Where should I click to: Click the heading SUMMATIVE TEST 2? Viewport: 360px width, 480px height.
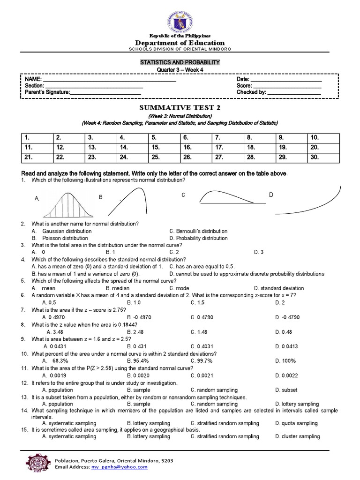point(180,107)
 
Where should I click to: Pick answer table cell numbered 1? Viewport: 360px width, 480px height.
point(36,138)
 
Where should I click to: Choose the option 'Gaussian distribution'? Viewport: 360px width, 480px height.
point(67,231)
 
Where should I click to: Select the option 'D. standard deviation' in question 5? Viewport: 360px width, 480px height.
point(278,288)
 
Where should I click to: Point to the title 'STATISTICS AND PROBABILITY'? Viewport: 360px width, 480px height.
point(180,62)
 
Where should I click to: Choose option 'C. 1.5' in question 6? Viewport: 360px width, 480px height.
point(198,303)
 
